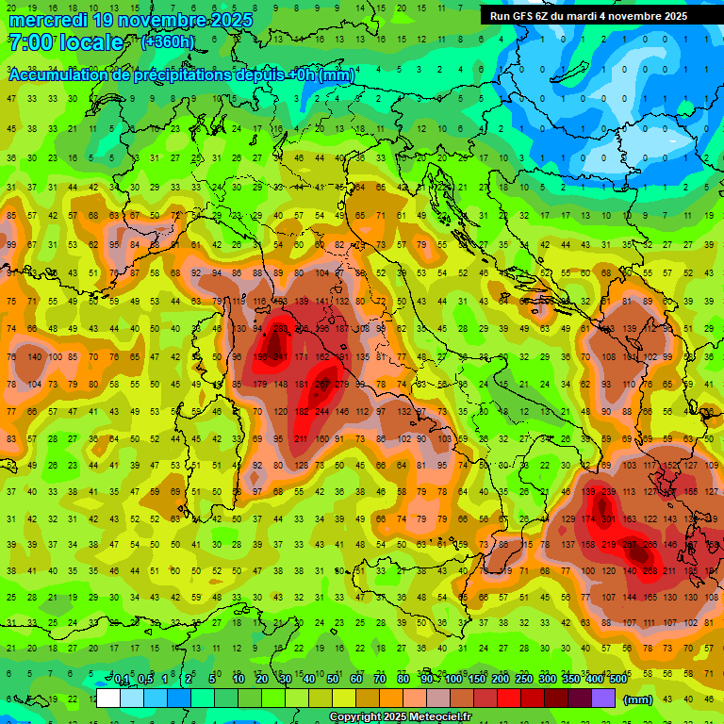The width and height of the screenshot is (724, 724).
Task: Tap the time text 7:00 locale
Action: [x=65, y=42]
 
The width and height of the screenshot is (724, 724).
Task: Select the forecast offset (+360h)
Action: [x=168, y=42]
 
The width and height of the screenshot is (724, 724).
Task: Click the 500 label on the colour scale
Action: [x=617, y=681]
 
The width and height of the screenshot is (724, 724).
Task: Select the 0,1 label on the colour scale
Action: [x=122, y=681]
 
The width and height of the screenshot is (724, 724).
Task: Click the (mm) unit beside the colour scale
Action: [x=639, y=699]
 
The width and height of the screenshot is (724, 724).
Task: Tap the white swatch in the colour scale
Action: [x=108, y=699]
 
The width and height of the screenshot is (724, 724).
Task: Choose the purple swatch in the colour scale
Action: [x=603, y=699]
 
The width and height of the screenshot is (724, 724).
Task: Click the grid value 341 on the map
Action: [x=280, y=357]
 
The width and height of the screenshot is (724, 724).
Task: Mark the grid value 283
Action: [x=280, y=329]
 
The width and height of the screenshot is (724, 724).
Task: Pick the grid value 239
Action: [x=608, y=492]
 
